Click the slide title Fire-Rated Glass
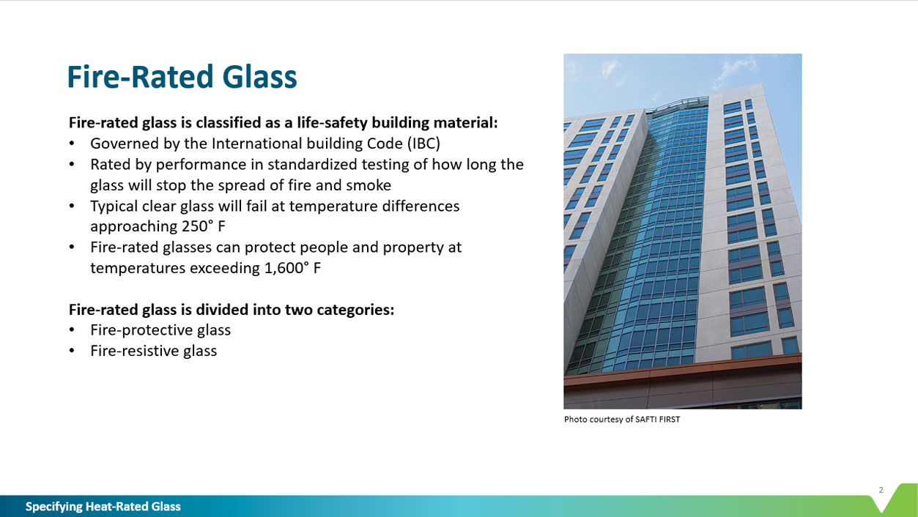[182, 77]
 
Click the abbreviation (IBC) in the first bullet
[423, 144]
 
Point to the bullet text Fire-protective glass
[160, 330]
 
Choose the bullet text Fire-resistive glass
[154, 351]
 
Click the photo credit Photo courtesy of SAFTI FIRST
[621, 420]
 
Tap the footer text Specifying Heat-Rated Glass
[103, 507]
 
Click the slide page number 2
[881, 490]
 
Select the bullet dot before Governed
[72, 144]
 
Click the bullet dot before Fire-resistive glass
[72, 352]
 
